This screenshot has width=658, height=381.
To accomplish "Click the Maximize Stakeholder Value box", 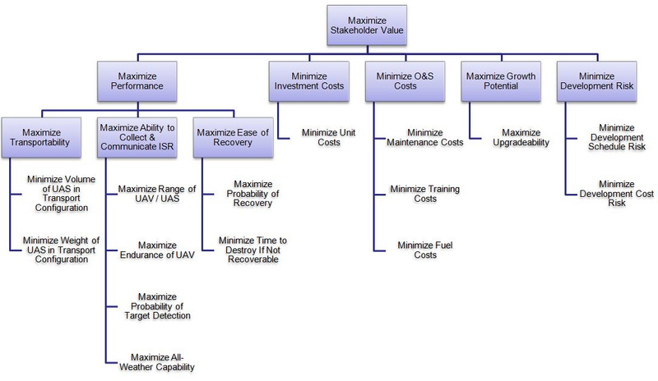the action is [x=367, y=25].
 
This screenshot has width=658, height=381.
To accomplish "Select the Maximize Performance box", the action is [x=137, y=81].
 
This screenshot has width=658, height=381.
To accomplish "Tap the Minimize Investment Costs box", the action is [x=309, y=81].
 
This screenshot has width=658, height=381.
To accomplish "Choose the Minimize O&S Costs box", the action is [x=405, y=81].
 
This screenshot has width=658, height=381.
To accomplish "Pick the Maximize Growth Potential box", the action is [x=501, y=81].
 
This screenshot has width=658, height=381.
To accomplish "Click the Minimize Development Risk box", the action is [x=597, y=81].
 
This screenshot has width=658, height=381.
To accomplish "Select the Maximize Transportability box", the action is [x=41, y=137].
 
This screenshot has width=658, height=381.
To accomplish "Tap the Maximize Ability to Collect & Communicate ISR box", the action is [x=137, y=137].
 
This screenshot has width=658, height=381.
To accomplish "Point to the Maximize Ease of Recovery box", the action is [x=234, y=137].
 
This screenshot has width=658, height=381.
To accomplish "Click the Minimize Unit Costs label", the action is [x=328, y=137].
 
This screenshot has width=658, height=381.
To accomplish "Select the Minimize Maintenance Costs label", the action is [x=425, y=137].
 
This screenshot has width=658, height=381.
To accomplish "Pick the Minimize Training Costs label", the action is [x=425, y=194].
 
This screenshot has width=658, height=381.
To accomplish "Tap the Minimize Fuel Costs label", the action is [x=425, y=250].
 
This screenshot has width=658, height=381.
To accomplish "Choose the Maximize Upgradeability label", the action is [x=521, y=137].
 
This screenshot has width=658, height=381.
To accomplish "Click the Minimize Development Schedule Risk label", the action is [x=617, y=137].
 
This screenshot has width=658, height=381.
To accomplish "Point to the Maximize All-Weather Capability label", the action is [x=157, y=362].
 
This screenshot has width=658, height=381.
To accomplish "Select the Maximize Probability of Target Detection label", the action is [x=157, y=306].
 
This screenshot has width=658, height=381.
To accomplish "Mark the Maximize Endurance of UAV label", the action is [x=157, y=250].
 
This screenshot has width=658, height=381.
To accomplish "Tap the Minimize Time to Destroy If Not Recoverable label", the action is [x=253, y=250].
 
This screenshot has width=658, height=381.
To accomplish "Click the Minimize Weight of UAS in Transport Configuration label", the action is [x=61, y=250].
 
